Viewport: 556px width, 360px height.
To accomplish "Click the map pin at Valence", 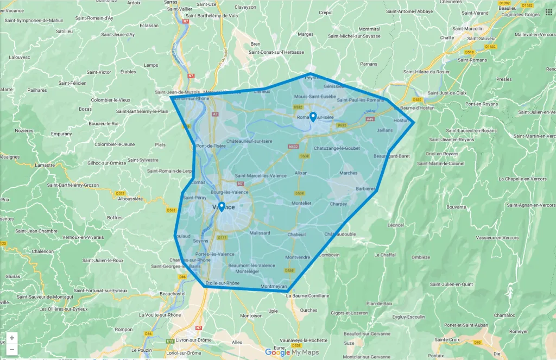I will pos(222,206).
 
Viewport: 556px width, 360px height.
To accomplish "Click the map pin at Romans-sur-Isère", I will pos(313,116).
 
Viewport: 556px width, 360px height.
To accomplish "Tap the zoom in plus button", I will pos(12,338).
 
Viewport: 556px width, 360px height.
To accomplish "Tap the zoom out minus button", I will pos(12,350).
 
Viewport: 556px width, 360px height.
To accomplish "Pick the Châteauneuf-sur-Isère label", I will pos(249,141).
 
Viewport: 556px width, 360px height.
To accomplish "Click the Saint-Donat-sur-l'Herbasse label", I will pos(276,52).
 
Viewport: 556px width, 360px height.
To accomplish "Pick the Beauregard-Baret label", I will pos(391,156).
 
